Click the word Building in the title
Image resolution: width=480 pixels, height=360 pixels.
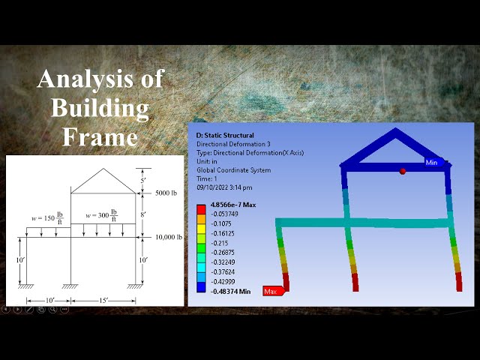coord(99,107)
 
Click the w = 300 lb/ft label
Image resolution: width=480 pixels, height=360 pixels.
coord(100,215)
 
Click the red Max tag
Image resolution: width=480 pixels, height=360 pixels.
coord(271,290)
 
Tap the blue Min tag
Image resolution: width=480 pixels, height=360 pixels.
coord(431,162)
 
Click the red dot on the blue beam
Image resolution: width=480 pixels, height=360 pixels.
coord(403,172)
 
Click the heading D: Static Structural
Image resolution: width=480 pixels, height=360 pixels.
coord(225,136)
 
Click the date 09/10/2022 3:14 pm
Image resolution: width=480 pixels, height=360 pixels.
coord(224,187)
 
